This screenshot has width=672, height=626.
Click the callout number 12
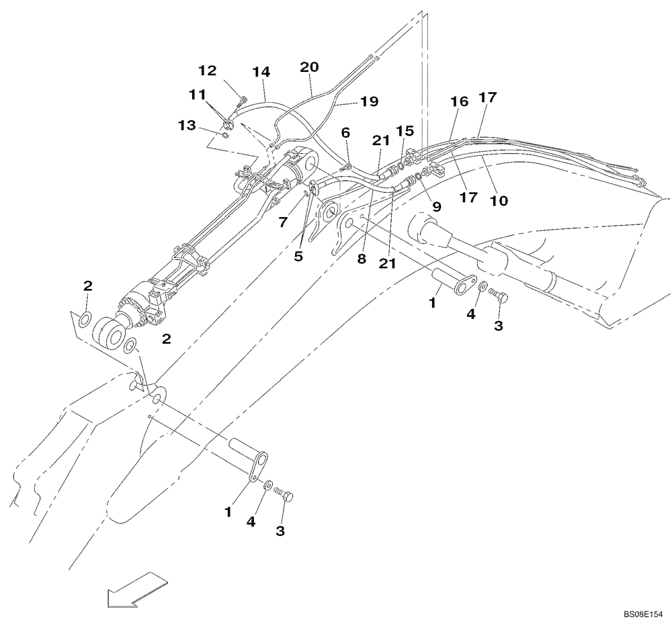coord(208,70)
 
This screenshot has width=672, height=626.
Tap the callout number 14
coord(262,72)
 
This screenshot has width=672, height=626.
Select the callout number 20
coord(309,67)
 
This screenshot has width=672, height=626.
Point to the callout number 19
coord(369,101)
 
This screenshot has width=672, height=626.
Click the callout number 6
coord(345,133)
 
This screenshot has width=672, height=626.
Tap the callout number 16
coord(459,101)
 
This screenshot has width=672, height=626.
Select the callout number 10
coord(499,199)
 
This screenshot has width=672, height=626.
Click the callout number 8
coord(362,259)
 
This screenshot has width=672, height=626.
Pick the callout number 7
coord(284,220)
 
